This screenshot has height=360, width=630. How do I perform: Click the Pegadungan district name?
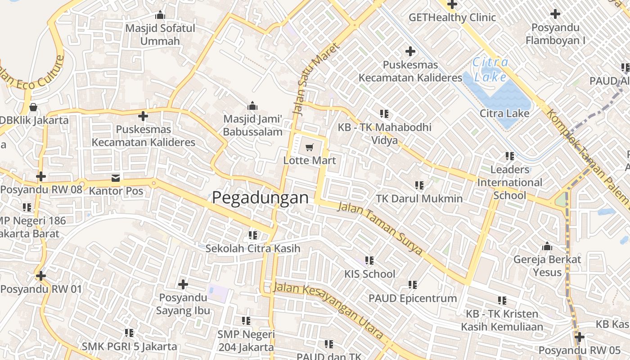tap(261, 198)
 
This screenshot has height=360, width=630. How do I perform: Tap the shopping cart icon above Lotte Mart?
tap(309, 147)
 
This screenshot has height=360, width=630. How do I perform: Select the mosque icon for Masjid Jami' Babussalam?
tap(252, 106)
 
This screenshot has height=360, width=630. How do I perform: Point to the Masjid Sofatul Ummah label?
tap(160, 35)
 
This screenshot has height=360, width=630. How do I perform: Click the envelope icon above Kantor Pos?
tap(116, 178)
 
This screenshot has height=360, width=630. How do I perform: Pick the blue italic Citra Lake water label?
tap(490, 69)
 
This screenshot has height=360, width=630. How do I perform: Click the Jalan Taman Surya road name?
tap(380, 229)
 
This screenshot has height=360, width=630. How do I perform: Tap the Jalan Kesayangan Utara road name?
tap(329, 310)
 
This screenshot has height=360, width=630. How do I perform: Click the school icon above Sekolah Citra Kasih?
tap(253, 235)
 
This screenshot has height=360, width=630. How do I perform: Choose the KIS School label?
tap(369, 274)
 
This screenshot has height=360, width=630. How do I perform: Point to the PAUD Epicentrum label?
tap(413, 298)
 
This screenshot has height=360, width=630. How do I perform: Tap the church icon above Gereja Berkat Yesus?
tap(547, 246)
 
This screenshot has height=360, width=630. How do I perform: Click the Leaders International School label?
tap(509, 182)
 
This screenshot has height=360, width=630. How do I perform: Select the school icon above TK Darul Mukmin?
tap(419, 185)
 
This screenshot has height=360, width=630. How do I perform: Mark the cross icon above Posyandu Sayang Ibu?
tap(183, 284)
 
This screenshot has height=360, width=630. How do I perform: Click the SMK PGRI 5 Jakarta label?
tap(129, 346)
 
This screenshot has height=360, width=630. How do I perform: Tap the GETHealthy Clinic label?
tap(452, 18)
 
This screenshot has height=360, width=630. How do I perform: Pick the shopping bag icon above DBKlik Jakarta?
tap(33, 107)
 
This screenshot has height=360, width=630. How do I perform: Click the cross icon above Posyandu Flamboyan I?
tap(555, 14)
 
